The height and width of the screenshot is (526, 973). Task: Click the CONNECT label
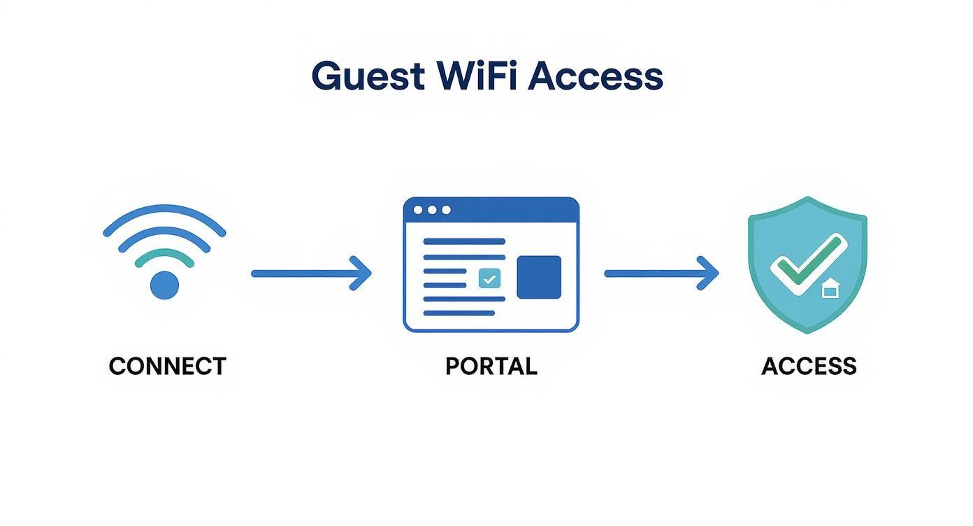coord(168,367)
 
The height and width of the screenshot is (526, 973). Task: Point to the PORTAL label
coord(491,367)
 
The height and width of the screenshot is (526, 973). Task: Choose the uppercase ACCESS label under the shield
coord(809,367)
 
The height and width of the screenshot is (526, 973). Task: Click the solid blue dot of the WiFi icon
coord(165,285)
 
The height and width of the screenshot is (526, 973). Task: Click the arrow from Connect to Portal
coord(311,273)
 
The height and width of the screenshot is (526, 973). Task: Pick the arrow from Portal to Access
coord(661,273)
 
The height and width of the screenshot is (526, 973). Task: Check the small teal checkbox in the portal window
coord(489,278)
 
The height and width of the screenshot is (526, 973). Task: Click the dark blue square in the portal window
coord(539,277)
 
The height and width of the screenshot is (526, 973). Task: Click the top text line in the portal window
coord(464,241)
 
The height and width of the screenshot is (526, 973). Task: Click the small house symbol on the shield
coord(830,288)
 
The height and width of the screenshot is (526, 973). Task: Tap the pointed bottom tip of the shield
coord(807,331)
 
